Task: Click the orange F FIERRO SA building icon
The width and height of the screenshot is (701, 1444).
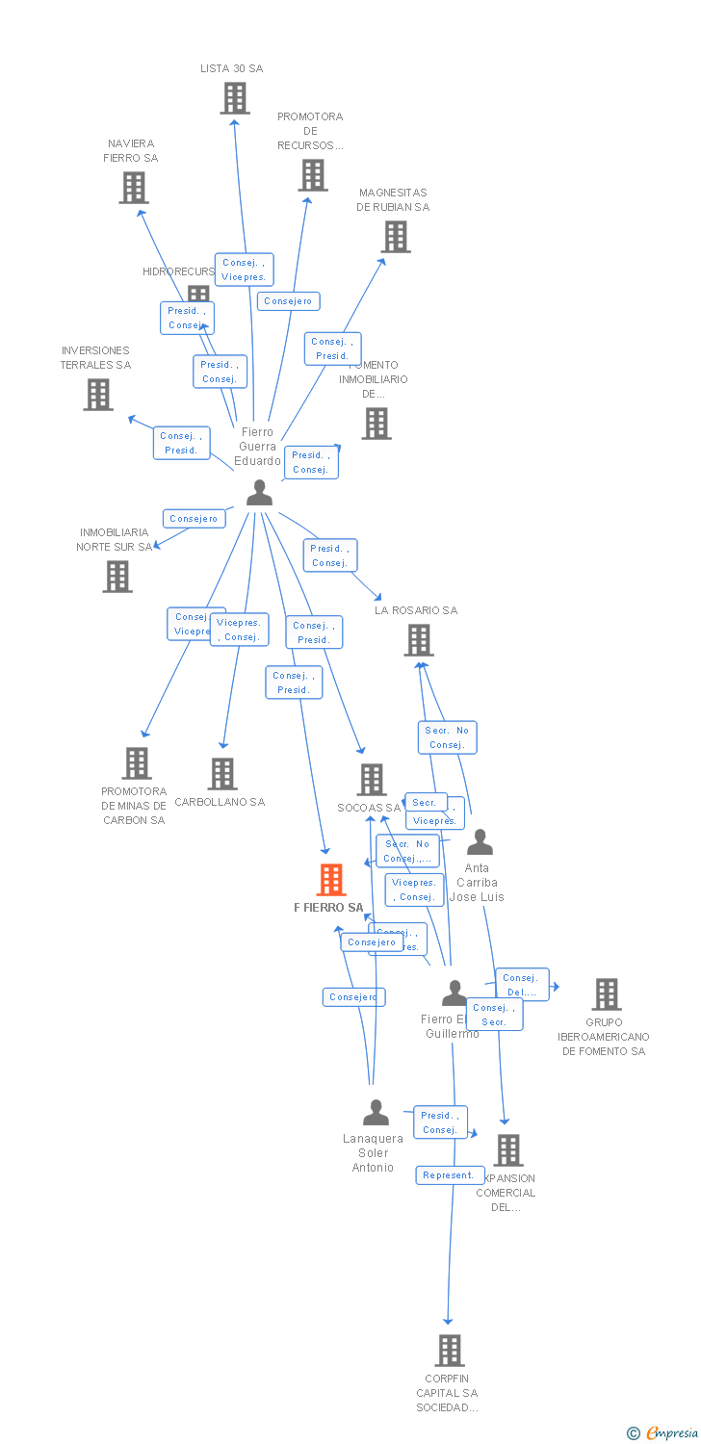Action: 331,880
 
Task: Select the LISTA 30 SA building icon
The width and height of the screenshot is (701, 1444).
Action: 235,98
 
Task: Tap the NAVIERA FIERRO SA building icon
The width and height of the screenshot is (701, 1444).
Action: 134,188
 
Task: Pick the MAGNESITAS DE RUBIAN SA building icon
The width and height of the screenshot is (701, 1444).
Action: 395,237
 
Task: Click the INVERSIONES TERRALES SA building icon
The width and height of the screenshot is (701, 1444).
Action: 97,395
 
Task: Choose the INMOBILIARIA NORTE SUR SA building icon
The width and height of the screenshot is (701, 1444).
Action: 117,577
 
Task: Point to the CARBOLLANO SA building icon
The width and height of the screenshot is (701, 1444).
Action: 222,773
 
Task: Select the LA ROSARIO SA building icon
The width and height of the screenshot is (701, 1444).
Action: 419,640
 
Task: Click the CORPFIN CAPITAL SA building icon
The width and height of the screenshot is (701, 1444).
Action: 450,1351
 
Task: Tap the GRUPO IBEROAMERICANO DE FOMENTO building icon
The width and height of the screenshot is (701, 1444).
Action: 607,993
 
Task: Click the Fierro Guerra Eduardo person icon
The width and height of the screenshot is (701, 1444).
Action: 259,493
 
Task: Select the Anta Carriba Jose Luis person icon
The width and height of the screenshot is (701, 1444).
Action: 480,842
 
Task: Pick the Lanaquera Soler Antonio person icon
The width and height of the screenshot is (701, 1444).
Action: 376,1113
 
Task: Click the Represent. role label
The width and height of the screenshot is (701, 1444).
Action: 449,1175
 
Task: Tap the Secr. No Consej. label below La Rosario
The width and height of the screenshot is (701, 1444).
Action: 447,737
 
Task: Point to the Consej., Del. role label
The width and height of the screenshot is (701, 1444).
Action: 522,985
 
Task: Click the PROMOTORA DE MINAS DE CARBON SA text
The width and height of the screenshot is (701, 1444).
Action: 134,806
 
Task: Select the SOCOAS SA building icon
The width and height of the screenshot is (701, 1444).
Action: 372,780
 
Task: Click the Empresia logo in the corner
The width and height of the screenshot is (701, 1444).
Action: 663,1433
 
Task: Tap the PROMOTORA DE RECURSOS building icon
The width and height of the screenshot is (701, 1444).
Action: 312,175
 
